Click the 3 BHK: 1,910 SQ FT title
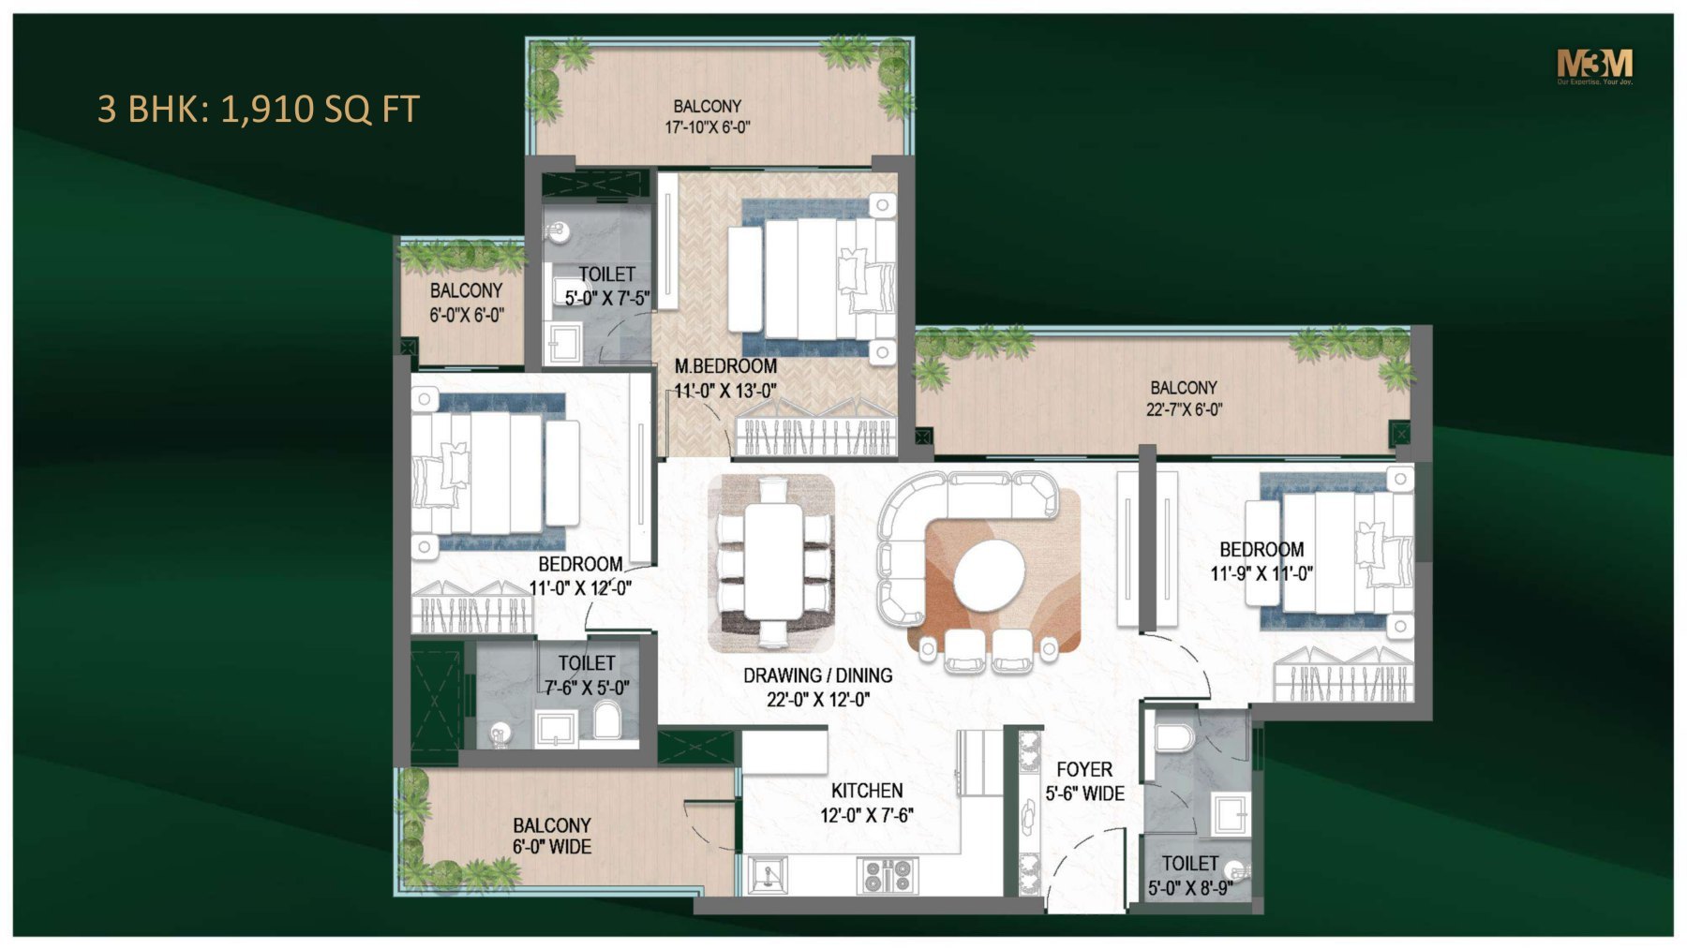(x=258, y=110)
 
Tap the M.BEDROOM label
(x=725, y=366)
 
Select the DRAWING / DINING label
(x=817, y=675)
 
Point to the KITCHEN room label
(x=867, y=791)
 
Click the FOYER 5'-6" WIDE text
(x=1084, y=781)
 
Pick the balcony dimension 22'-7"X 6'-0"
(x=1184, y=409)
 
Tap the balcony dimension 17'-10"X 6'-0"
(x=708, y=127)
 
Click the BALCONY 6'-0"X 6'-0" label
(x=466, y=303)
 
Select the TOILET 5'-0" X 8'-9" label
(x=1189, y=876)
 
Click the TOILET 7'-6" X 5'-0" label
(x=587, y=675)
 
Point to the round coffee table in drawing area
(x=990, y=576)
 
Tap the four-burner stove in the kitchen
(x=887, y=875)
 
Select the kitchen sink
(x=768, y=875)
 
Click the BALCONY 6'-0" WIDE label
(x=551, y=836)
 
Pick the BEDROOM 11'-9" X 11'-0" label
(x=1262, y=561)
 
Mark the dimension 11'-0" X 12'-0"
(x=580, y=588)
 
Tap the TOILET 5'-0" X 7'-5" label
(x=606, y=286)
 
